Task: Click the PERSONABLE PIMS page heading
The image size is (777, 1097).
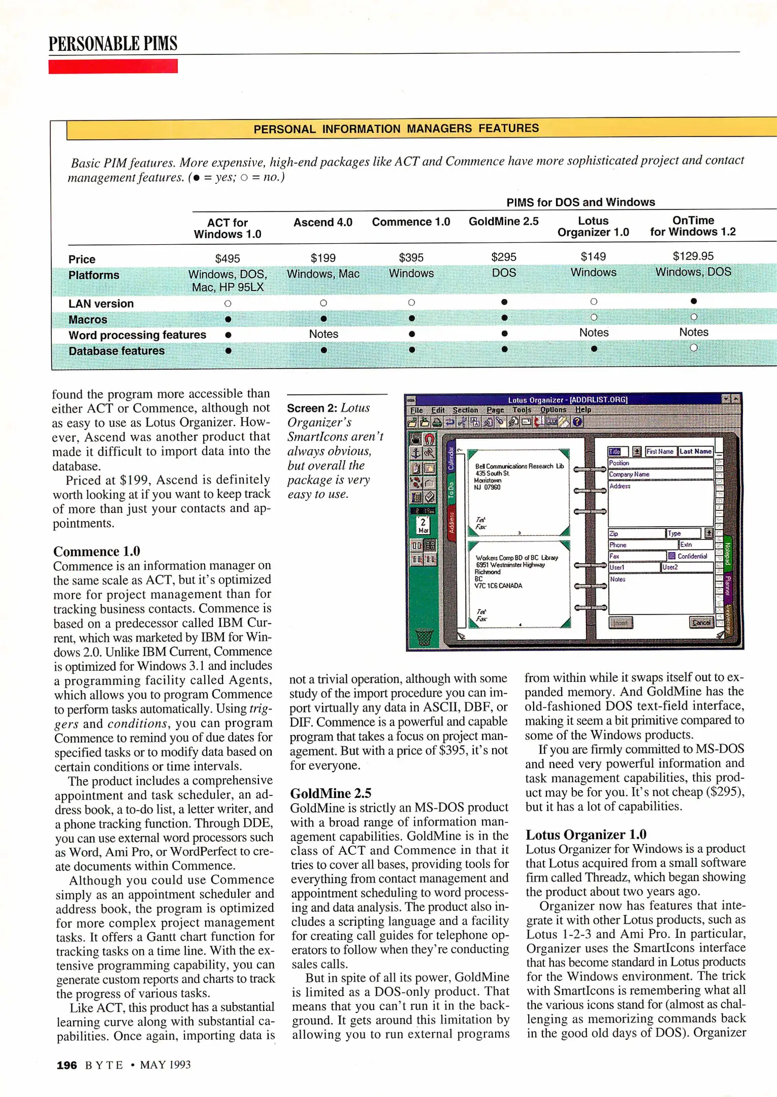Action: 113,44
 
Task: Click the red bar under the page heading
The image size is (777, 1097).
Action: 113,67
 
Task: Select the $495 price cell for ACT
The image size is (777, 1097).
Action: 227,259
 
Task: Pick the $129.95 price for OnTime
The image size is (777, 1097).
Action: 693,256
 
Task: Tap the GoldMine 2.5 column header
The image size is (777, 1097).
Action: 503,221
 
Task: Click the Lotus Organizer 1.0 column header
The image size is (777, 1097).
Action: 593,227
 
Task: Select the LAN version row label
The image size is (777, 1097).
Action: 101,304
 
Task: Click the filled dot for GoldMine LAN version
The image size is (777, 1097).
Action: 504,302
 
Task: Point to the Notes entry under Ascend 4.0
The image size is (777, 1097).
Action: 323,334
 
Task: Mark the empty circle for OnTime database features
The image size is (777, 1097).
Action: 693,348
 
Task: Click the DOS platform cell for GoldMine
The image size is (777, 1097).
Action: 504,273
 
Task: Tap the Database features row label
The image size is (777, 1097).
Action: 116,351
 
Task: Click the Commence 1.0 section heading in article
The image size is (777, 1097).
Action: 96,552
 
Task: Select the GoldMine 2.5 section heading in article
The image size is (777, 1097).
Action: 331,793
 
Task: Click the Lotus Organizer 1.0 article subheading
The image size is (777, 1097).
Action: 586,834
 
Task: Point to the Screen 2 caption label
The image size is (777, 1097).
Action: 312,408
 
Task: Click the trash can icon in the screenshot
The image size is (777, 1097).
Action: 424,636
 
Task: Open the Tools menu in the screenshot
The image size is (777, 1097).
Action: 521,410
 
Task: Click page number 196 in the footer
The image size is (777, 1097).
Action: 67,1065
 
